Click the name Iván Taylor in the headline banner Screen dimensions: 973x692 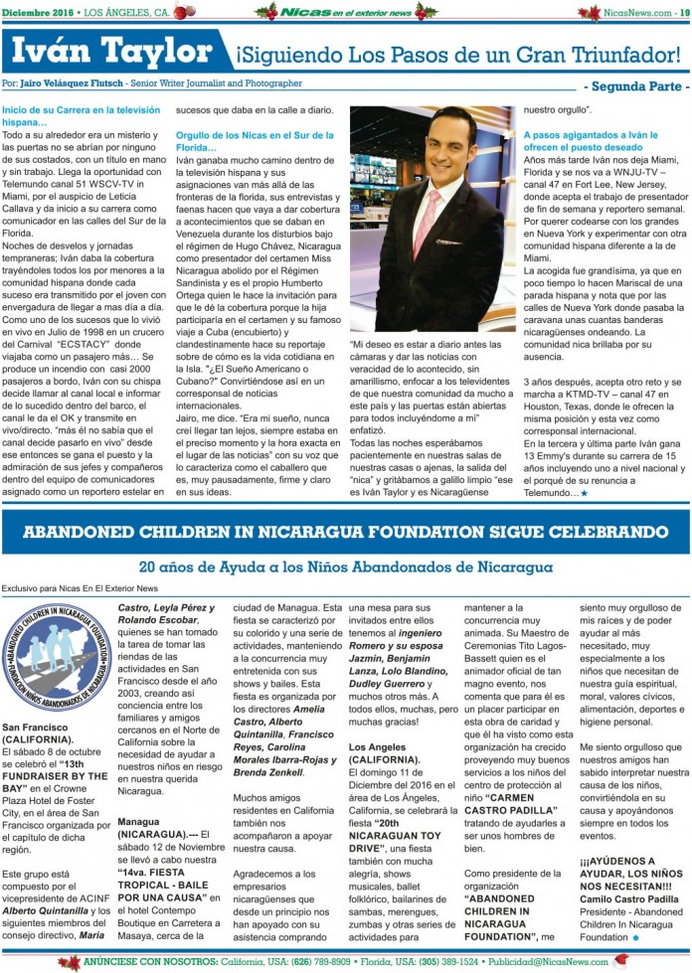tap(107, 50)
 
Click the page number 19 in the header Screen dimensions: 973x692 tap(684, 11)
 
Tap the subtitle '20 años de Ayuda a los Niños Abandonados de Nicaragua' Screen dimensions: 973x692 tap(345, 568)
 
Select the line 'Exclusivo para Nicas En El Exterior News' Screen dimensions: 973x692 tap(80, 588)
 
